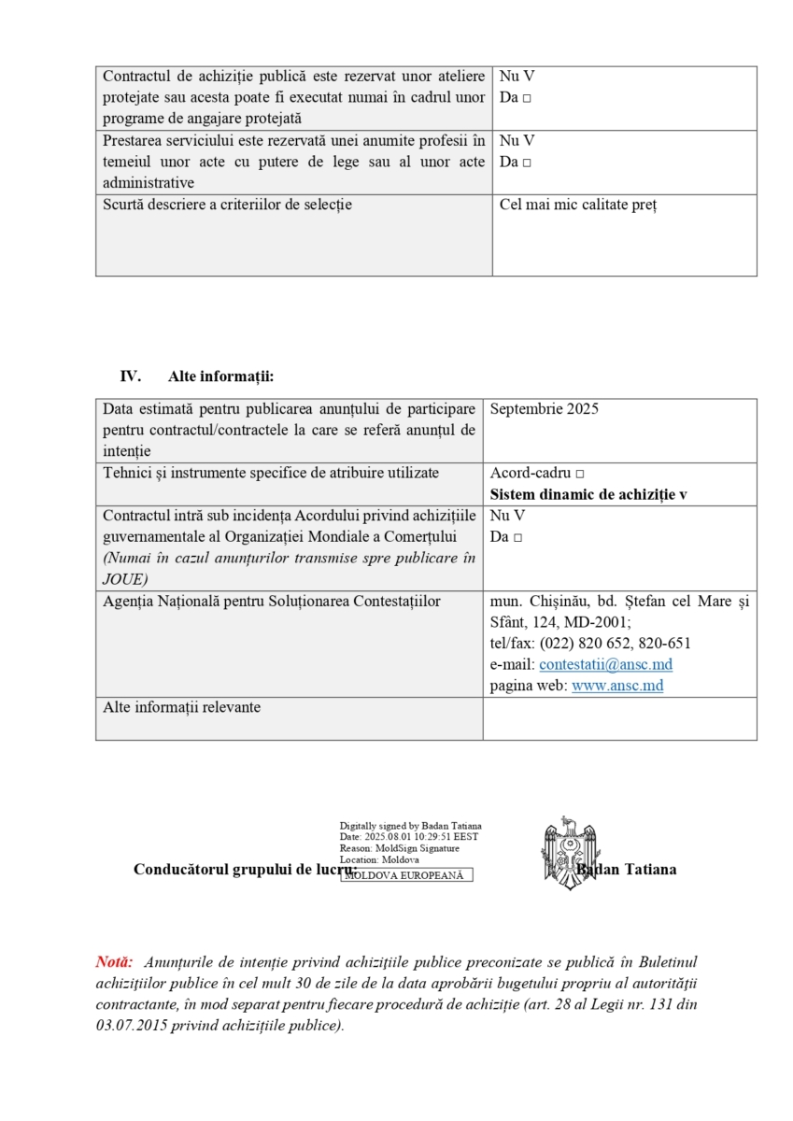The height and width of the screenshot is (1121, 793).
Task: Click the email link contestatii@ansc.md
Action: (605, 665)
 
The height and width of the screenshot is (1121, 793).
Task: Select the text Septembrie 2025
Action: (544, 409)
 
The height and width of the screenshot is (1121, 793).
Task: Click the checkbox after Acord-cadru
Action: (580, 475)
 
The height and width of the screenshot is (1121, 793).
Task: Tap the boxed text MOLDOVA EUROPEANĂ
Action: (406, 875)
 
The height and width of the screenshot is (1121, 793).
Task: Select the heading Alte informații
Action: (220, 377)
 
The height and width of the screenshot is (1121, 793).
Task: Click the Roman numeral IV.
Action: (130, 377)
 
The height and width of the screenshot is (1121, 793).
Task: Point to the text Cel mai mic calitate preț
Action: (578, 206)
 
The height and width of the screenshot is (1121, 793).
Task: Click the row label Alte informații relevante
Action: (181, 708)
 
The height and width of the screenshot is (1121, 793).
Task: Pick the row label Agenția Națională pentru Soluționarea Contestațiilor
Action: (271, 602)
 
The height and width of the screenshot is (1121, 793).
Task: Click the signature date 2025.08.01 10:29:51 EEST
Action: (419, 837)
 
